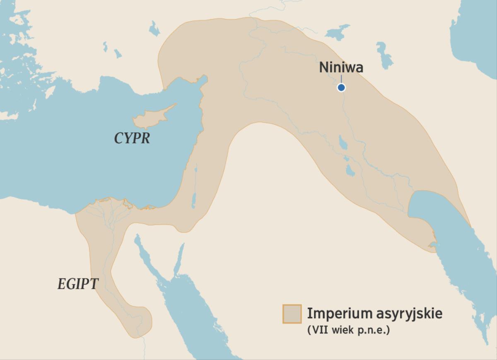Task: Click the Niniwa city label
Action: tap(341, 67)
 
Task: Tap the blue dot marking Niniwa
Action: tap(341, 87)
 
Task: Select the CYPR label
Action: tap(132, 138)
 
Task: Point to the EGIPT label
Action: tap(78, 284)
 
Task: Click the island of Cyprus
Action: tap(149, 118)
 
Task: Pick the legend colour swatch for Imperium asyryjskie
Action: tap(292, 314)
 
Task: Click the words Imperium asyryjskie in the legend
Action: tap(374, 313)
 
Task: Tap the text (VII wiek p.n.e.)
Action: tap(348, 331)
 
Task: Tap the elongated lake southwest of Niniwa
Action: tap(343, 143)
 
